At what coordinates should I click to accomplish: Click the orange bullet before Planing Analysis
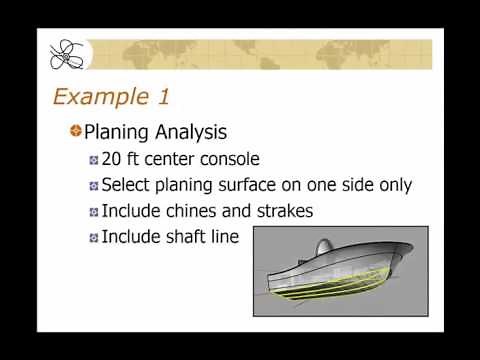point(74,131)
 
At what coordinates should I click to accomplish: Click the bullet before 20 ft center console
point(93,160)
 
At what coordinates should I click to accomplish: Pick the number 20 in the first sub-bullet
point(112,159)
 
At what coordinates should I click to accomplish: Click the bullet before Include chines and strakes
point(93,212)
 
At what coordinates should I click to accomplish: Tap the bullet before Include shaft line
point(93,238)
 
